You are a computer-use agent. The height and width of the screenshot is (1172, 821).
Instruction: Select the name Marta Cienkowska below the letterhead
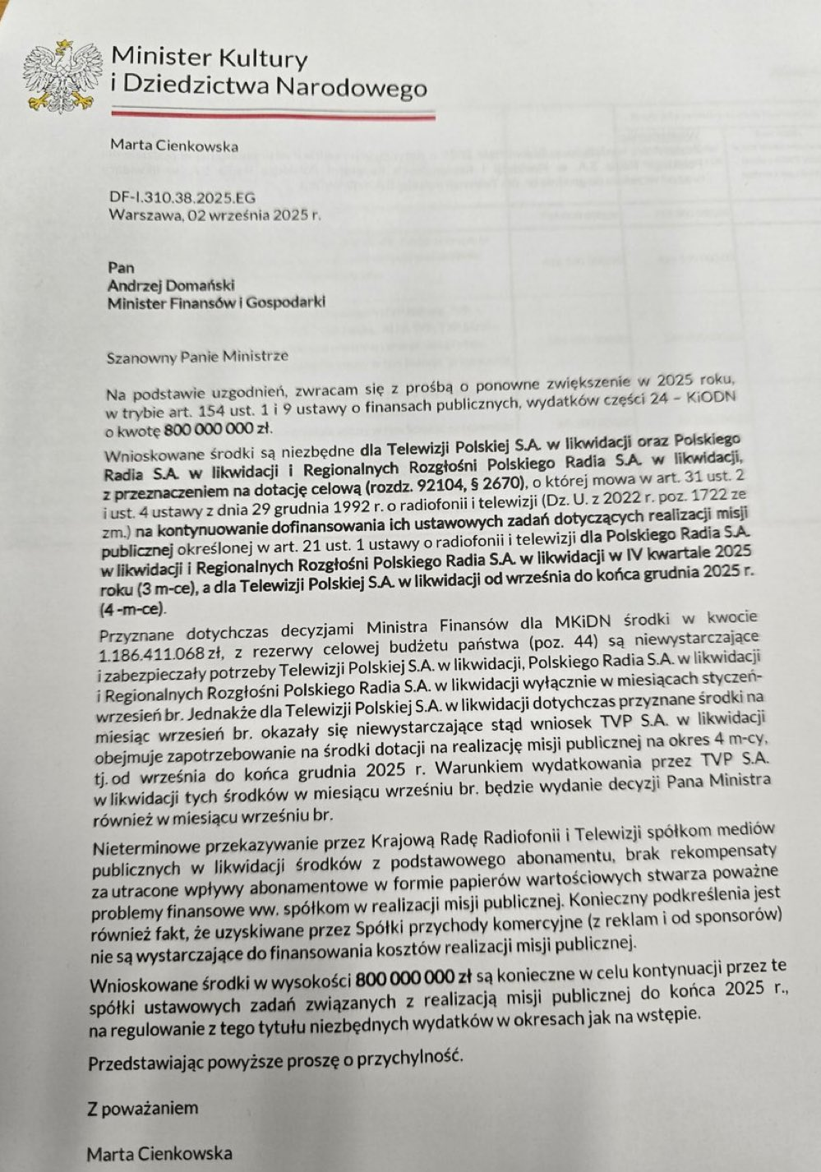click(173, 147)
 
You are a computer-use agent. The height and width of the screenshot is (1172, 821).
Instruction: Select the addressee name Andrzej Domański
click(170, 284)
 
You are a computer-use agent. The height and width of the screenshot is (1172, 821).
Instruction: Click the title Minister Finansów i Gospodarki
click(216, 302)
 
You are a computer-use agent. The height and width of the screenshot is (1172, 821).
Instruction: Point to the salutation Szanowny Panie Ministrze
click(197, 356)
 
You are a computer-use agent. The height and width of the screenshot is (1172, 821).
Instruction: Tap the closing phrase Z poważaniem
click(143, 1108)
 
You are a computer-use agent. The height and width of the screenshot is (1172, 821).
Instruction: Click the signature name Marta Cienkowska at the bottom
click(159, 1153)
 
